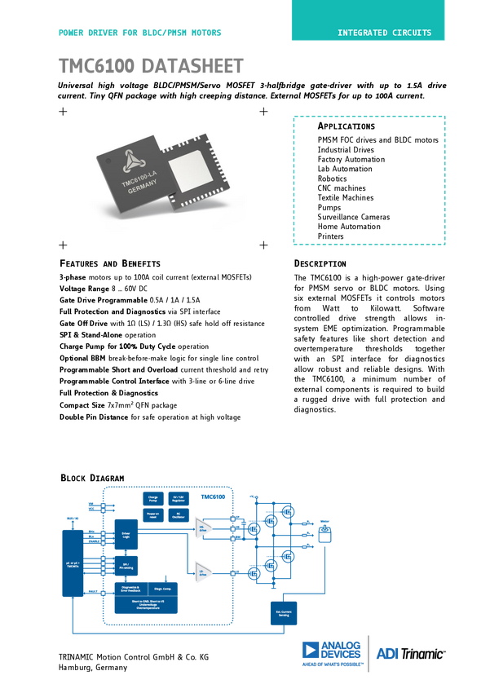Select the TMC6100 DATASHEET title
[152, 65]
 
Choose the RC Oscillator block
[178, 515]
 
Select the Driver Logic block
[126, 531]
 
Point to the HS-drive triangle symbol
[201, 530]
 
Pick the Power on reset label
[152, 515]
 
